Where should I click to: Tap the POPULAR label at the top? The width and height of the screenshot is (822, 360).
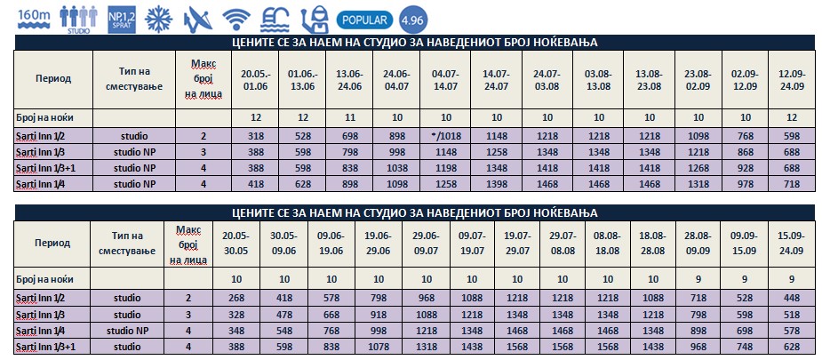(x=367, y=18)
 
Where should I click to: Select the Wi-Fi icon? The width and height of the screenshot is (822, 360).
(x=236, y=18)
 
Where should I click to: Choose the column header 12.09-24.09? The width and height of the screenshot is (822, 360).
(x=786, y=79)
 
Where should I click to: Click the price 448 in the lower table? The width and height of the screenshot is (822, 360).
(x=787, y=298)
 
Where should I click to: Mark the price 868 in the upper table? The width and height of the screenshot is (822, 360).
(x=738, y=152)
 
